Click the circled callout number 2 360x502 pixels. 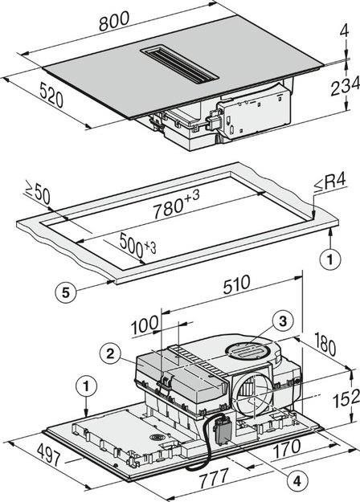coord(111,352)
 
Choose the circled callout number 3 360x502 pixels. coord(280,320)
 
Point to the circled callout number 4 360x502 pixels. coord(297,480)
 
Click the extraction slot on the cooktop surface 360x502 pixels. coord(180,63)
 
